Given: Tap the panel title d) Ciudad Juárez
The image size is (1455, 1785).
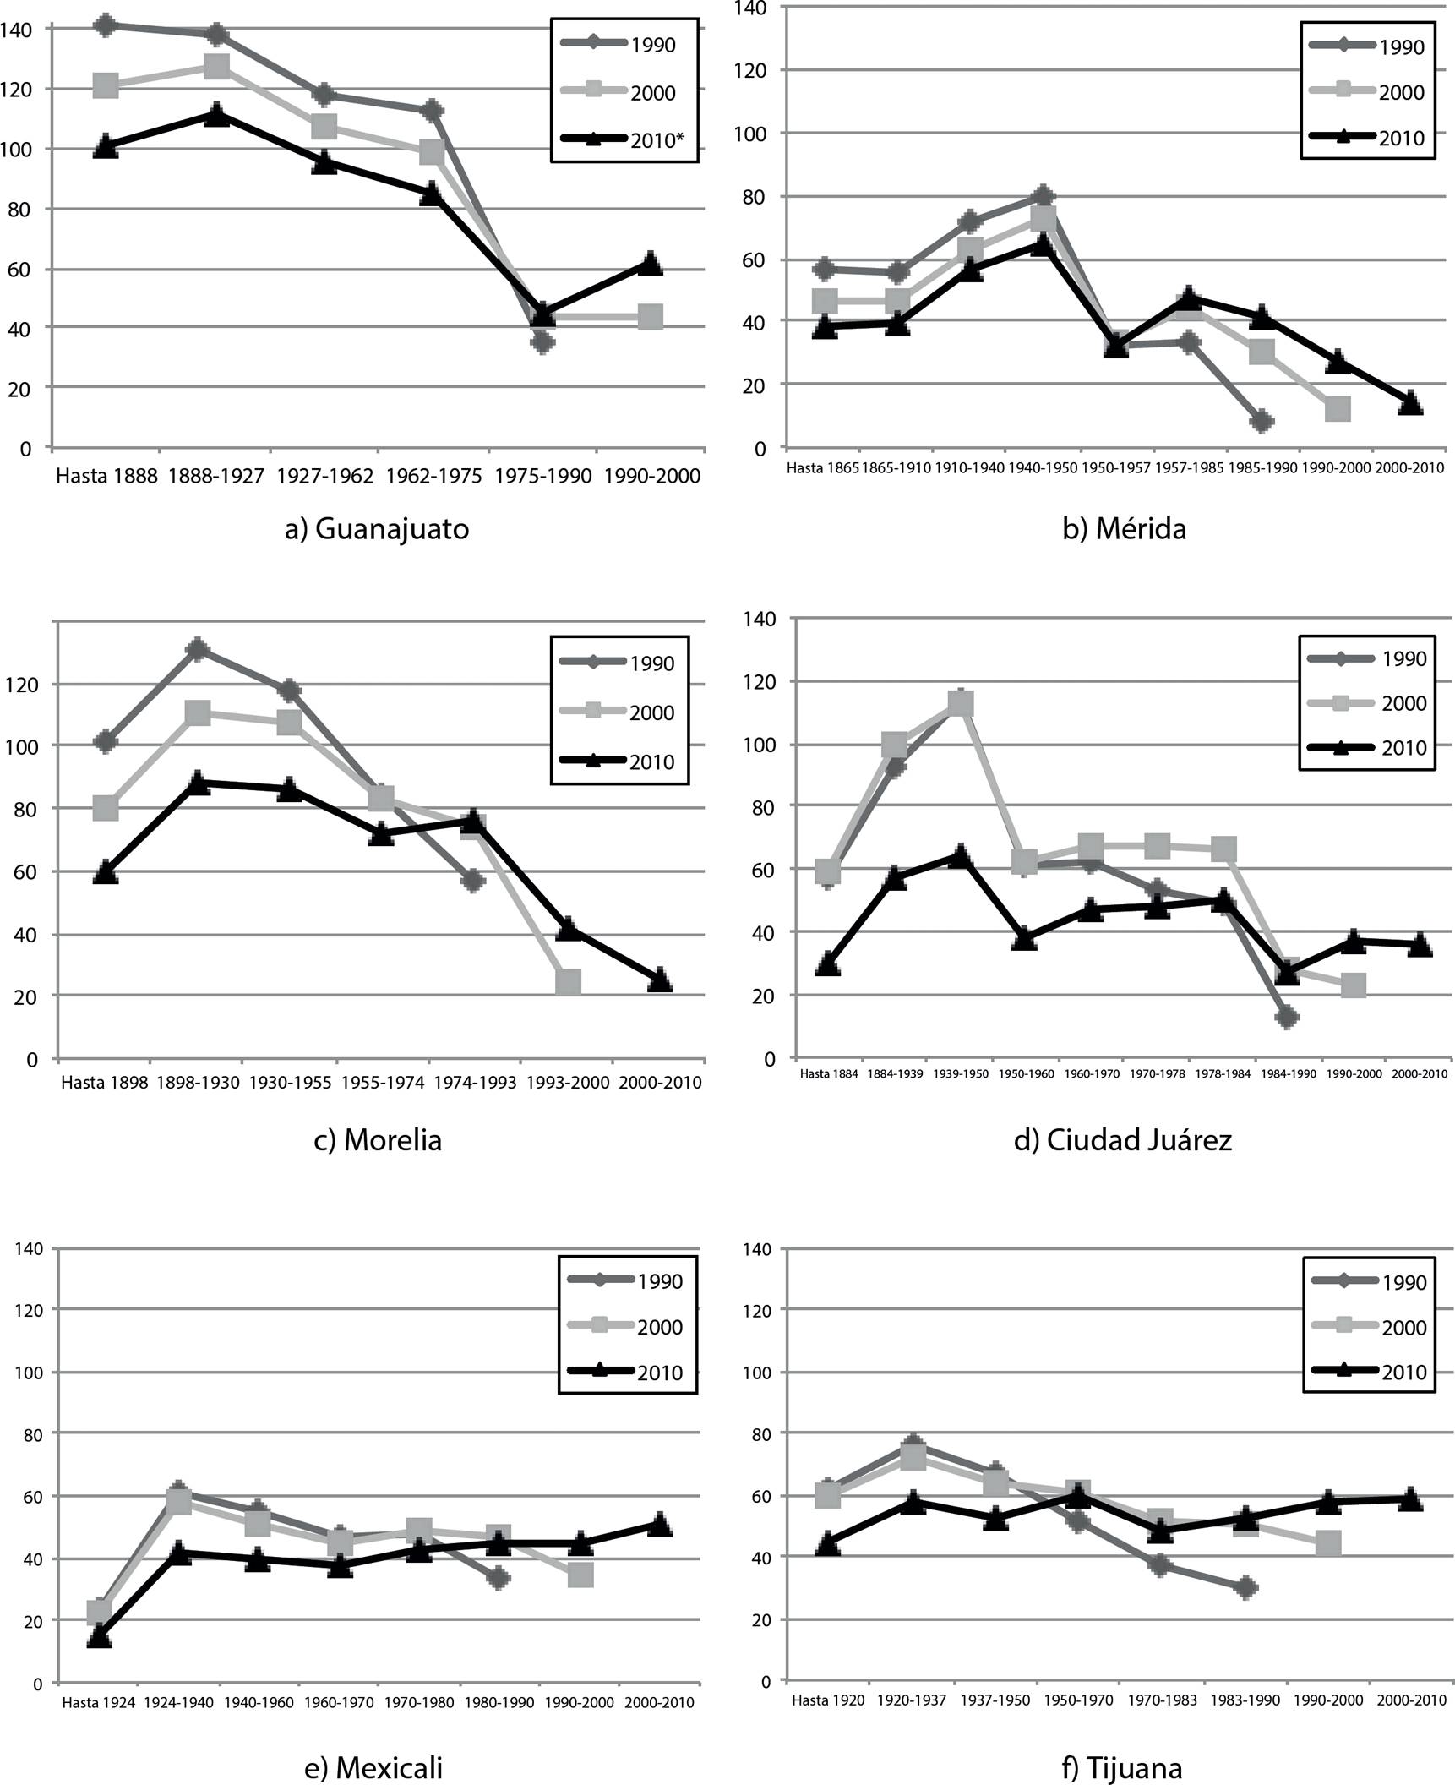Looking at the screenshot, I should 1122,1140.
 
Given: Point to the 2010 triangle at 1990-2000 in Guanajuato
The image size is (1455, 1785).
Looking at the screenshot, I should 650,263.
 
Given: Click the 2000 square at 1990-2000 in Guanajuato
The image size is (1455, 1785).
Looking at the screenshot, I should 650,318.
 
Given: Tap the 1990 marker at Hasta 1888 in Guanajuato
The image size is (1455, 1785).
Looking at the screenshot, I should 106,25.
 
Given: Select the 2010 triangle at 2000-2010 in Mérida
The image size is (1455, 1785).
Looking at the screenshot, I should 1410,403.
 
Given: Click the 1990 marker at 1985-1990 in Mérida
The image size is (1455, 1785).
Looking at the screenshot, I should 1262,421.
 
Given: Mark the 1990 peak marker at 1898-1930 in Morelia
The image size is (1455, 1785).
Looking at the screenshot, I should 198,650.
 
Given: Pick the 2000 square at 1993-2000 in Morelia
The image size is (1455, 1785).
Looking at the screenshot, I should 568,981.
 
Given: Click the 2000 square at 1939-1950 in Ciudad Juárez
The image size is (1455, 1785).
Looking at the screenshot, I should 961,702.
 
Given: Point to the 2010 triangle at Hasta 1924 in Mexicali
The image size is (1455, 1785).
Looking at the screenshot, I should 100,1637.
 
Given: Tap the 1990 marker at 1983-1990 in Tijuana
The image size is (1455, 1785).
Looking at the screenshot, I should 1245,1587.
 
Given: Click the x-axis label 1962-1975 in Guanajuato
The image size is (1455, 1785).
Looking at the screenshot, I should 433,476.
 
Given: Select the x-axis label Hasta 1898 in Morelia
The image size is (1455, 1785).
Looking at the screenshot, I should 105,1083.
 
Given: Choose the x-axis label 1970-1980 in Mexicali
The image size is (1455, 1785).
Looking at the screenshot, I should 419,1701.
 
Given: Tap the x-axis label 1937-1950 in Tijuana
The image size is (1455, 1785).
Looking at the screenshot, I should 995,1700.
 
